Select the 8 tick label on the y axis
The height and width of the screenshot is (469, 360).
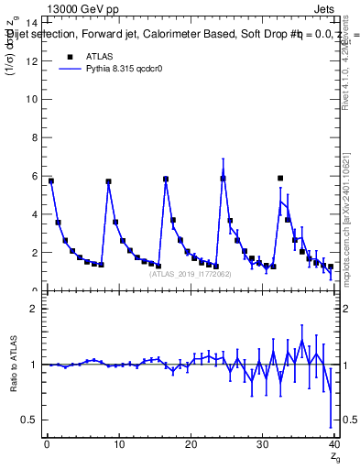(34, 137)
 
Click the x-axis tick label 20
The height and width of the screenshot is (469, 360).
(190, 445)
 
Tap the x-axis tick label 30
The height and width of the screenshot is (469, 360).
(262, 445)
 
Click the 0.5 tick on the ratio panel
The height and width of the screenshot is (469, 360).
(30, 420)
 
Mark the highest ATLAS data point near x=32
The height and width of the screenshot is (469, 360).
(280, 178)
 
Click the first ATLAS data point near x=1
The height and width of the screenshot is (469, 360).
(51, 181)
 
